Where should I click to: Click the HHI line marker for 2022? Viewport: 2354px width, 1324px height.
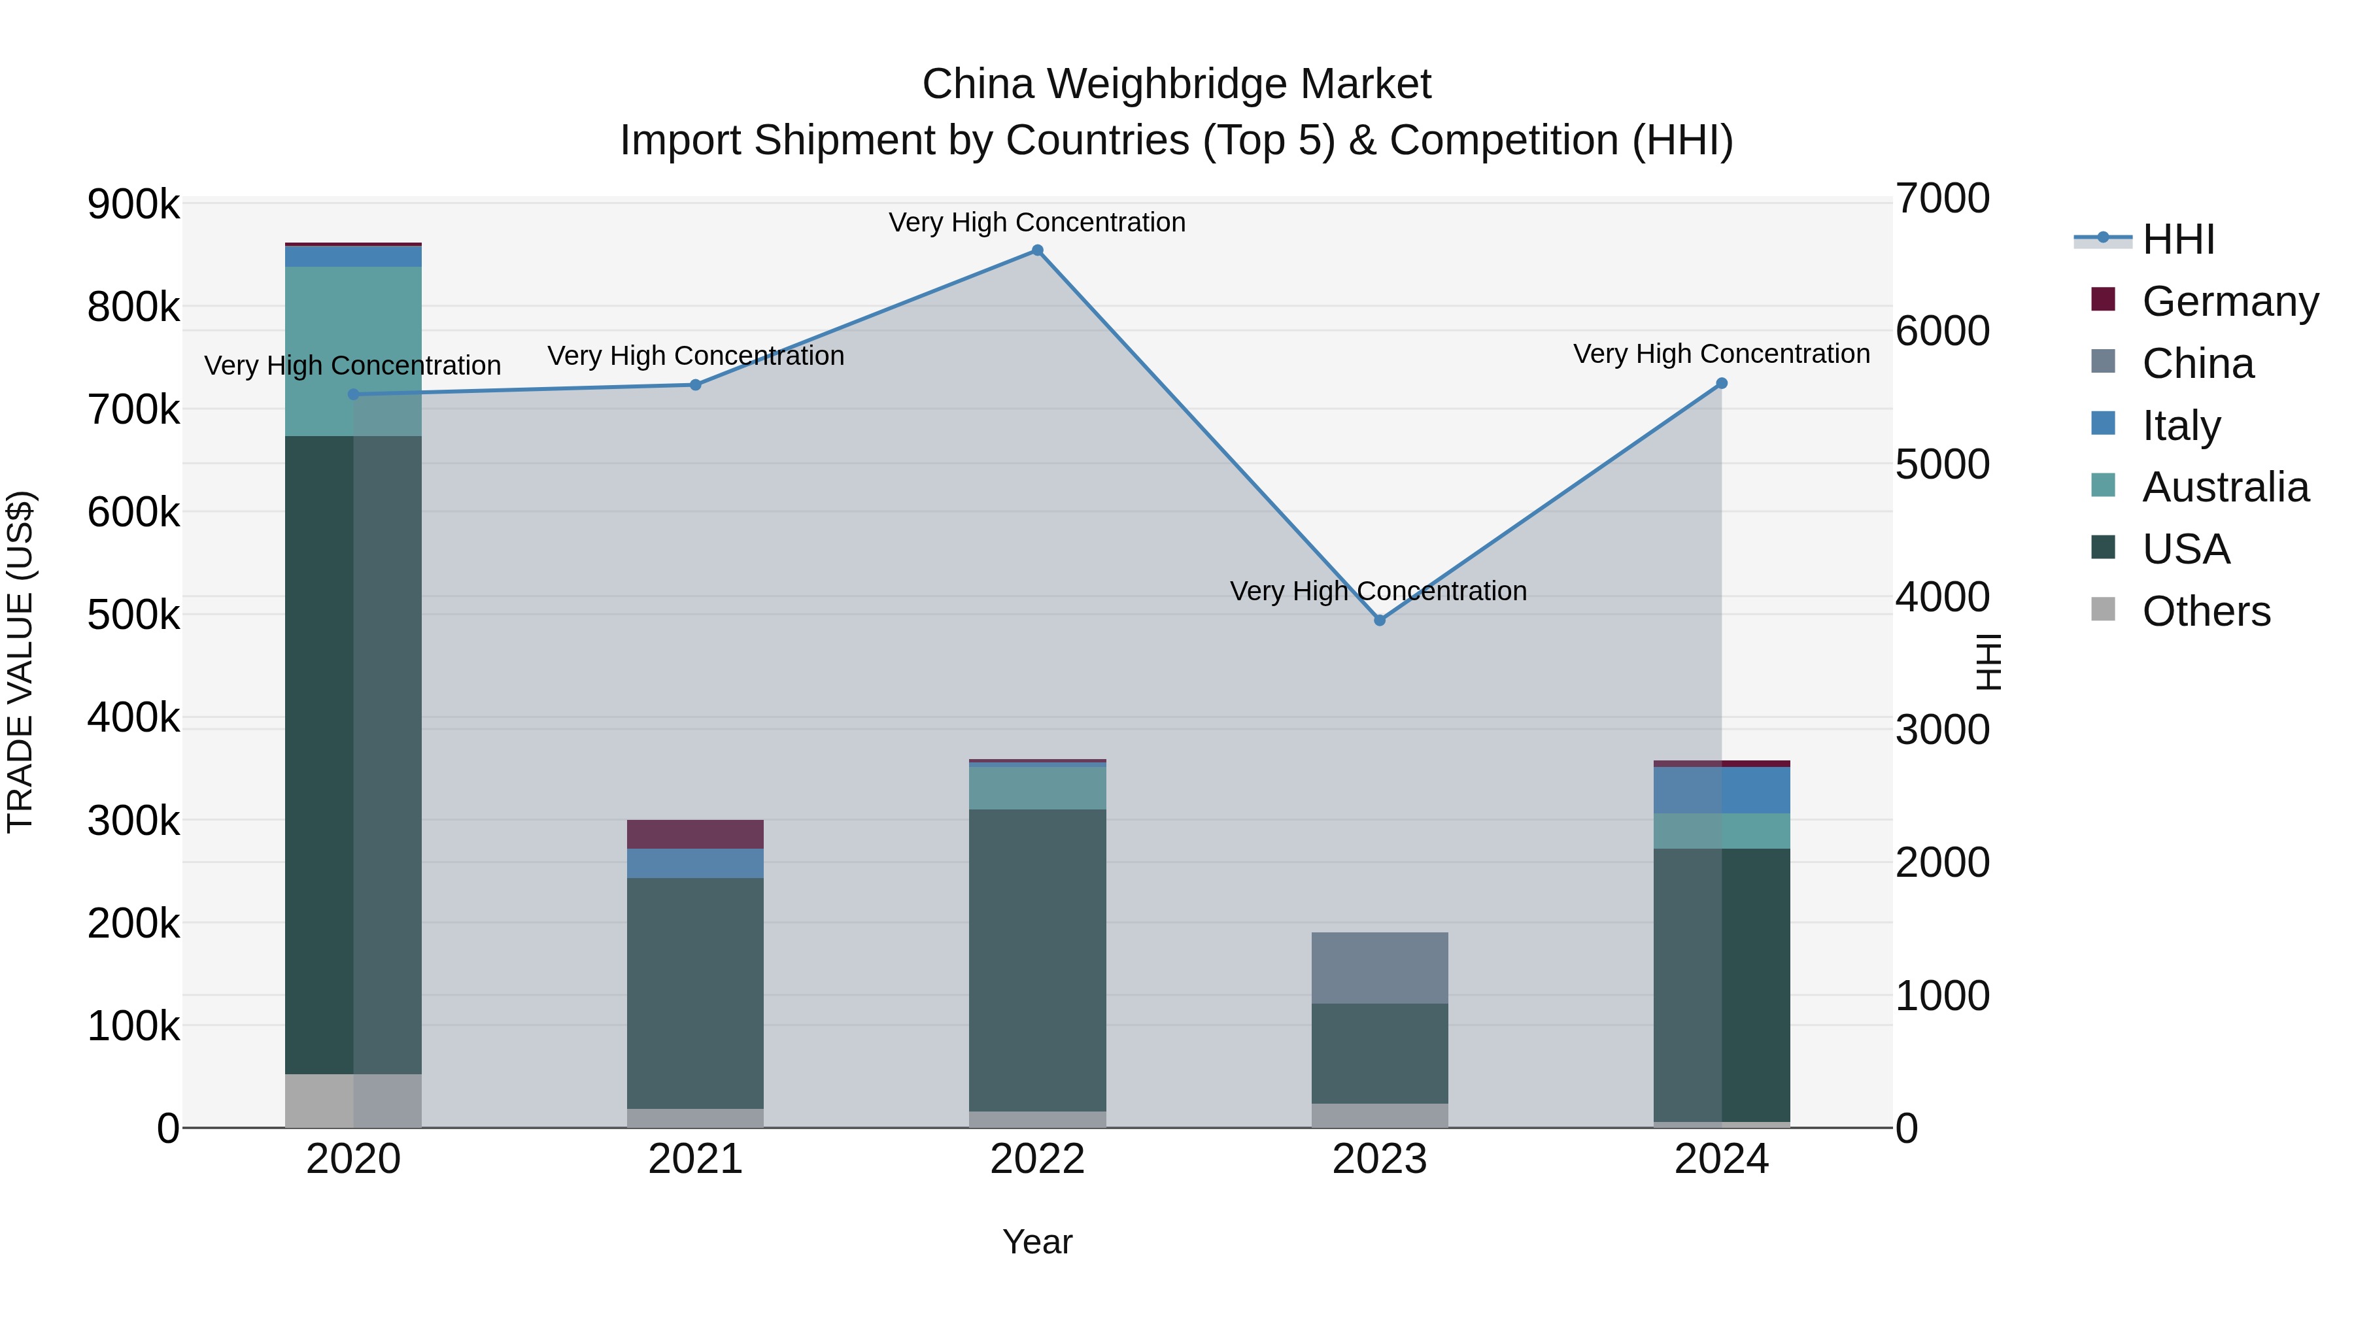[1037, 250]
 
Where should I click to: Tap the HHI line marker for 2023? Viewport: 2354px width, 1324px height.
[1380, 620]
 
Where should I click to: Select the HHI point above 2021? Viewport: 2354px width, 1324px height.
[696, 384]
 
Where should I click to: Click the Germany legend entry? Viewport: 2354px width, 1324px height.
[2230, 301]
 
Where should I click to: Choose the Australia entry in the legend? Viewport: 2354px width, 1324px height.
[2225, 487]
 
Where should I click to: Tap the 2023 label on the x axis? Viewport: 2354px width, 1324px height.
[1379, 1159]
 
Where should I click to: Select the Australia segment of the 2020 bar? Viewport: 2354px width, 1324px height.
[354, 351]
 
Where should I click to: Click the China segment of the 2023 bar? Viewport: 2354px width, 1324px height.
[1380, 968]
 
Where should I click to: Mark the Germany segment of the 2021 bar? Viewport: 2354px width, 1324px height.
[696, 834]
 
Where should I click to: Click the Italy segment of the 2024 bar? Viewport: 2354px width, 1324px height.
[1722, 790]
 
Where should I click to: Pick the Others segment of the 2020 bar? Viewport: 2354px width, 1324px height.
[354, 1100]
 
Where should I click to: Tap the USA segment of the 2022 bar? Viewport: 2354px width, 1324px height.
[1037, 959]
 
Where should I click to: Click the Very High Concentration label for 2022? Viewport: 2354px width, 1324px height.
[1037, 222]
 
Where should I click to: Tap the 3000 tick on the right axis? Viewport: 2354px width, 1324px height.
[1942, 730]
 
